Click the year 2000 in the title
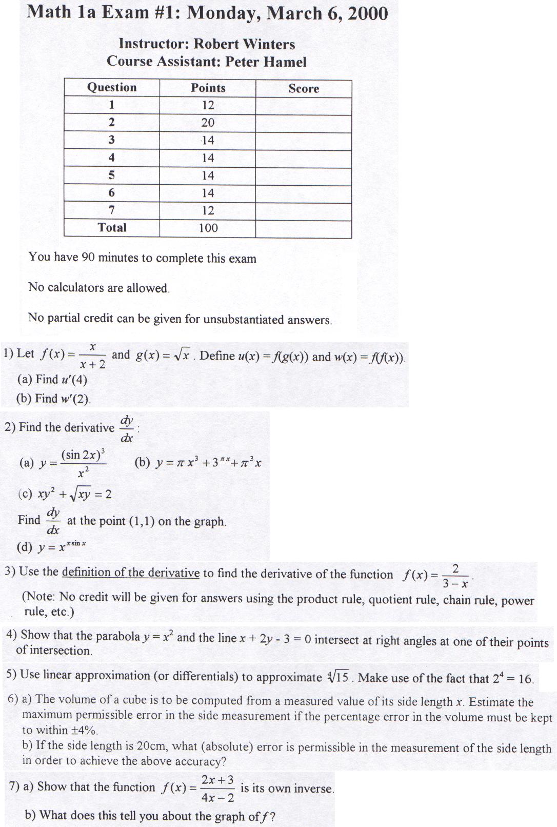(x=367, y=13)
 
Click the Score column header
(x=304, y=89)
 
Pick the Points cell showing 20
(x=208, y=123)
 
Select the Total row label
(x=112, y=227)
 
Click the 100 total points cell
(x=208, y=228)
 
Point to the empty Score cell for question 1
(x=304, y=106)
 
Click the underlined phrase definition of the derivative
(x=130, y=573)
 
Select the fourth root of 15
(x=339, y=677)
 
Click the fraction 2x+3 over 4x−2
(x=217, y=789)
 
